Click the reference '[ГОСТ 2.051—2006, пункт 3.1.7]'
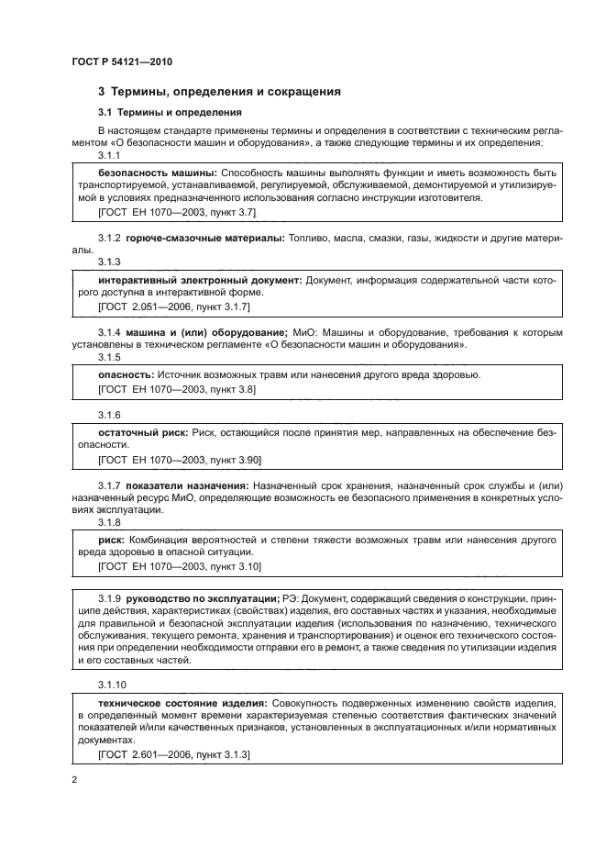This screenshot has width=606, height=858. tap(173, 305)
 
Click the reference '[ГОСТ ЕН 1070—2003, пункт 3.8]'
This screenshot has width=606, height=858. tap(177, 389)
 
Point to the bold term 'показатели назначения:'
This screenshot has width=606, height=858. tap(189, 485)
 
